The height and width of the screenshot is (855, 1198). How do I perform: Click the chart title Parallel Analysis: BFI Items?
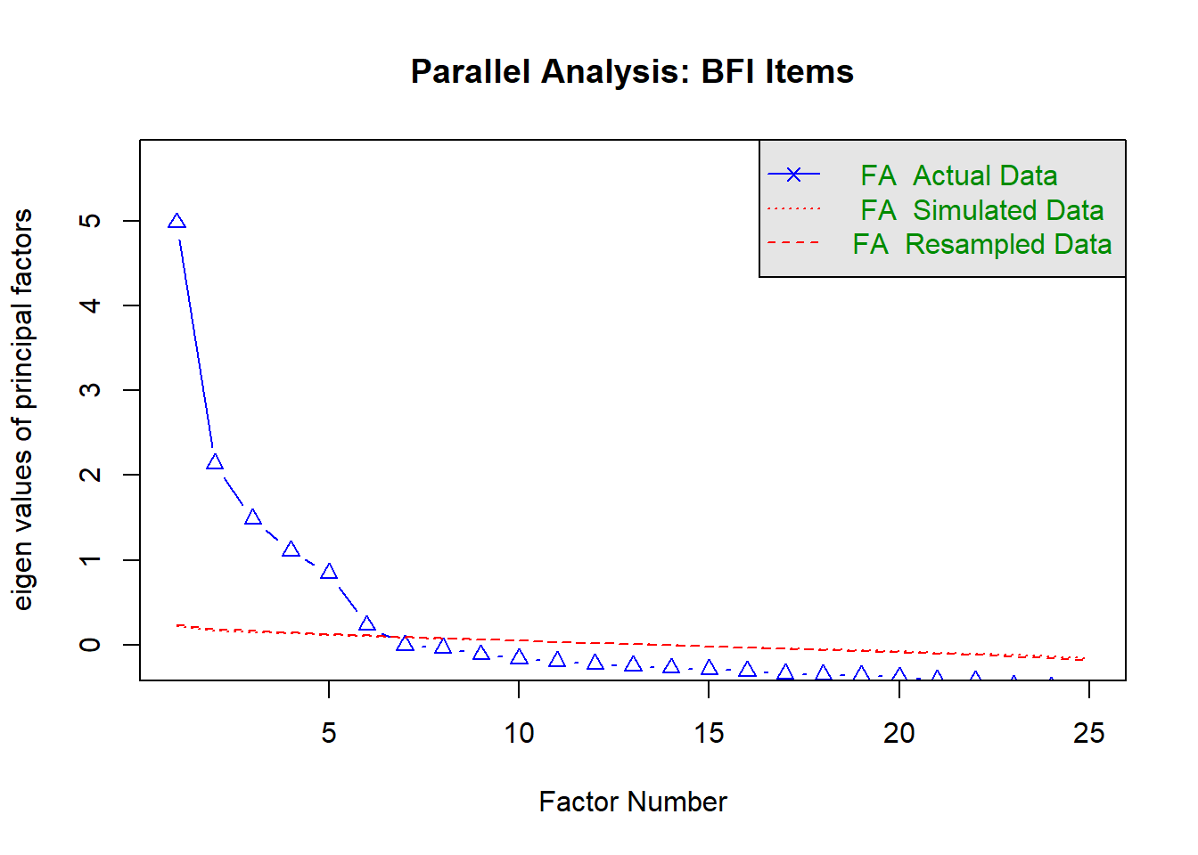tap(632, 71)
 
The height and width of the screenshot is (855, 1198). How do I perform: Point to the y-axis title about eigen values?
tap(22, 410)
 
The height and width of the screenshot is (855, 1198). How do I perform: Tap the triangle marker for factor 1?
tap(177, 221)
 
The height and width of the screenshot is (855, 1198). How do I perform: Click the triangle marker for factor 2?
tap(215, 461)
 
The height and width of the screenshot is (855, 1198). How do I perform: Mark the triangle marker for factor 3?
tap(253, 517)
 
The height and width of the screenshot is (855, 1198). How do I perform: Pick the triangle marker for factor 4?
tap(291, 549)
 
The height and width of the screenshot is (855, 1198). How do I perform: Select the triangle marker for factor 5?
tap(329, 571)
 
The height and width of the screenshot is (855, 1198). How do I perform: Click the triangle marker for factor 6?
tap(367, 623)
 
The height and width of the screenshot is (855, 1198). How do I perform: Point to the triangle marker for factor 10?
tap(520, 656)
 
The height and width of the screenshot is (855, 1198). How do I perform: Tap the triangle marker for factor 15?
tap(710, 667)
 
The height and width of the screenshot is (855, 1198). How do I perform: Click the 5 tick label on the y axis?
tap(90, 221)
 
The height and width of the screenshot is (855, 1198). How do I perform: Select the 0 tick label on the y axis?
tap(90, 645)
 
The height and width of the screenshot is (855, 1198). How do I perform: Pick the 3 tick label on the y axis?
tap(90, 390)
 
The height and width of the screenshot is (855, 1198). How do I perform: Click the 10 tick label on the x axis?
tap(519, 733)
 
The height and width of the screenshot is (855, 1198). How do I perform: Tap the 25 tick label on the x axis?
tap(1089, 733)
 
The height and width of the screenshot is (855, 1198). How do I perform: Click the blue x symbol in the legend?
tap(793, 175)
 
